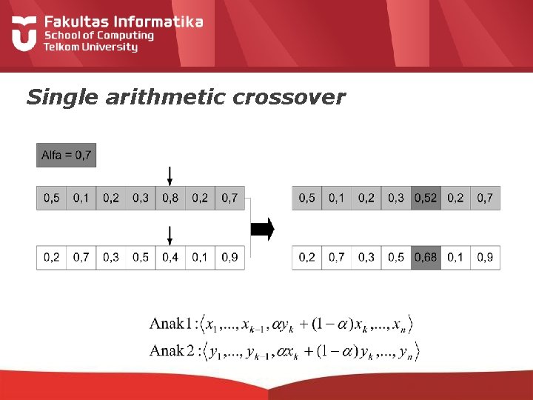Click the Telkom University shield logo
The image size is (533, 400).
[24, 34]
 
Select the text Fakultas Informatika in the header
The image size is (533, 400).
[123, 21]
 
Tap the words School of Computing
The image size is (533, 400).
[98, 35]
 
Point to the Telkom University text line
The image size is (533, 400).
[91, 47]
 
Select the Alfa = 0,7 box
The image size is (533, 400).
[67, 155]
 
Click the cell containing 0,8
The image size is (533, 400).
[170, 198]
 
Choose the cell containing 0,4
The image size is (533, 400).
[170, 257]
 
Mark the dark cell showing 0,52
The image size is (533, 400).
[426, 198]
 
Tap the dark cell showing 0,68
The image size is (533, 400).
[426, 257]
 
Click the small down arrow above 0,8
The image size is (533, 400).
[170, 176]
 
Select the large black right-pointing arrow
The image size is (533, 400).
[262, 229]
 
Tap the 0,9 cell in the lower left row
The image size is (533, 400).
[229, 257]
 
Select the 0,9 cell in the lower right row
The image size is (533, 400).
[485, 257]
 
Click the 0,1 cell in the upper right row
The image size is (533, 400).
[337, 198]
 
